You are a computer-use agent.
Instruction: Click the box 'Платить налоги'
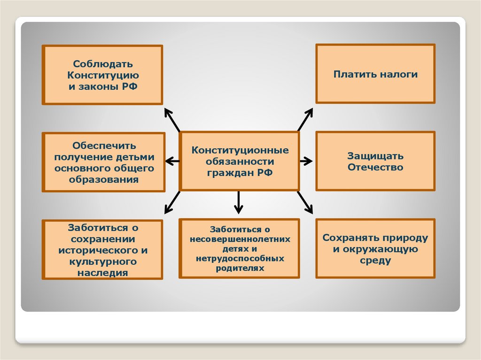tap(375, 74)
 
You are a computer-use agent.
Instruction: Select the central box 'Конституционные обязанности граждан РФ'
tap(240, 161)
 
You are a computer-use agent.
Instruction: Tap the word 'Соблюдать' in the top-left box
tap(103, 63)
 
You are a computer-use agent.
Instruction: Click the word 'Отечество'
tap(375, 167)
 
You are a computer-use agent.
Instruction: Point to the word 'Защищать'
tap(375, 156)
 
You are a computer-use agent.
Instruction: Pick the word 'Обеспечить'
tap(104, 146)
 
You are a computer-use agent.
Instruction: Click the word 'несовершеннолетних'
tap(240, 239)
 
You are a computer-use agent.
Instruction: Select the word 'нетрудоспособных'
tap(240, 259)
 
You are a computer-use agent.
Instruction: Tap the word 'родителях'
tap(240, 268)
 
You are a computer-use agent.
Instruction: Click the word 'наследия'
tap(103, 272)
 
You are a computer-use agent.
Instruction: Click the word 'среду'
tap(375, 260)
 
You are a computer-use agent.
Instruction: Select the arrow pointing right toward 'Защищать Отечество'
tap(306, 161)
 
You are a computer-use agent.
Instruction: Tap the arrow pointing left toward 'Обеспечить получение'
tap(173, 161)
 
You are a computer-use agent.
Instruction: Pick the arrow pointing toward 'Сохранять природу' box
tap(305, 202)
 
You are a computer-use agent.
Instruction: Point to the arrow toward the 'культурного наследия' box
tap(172, 202)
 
